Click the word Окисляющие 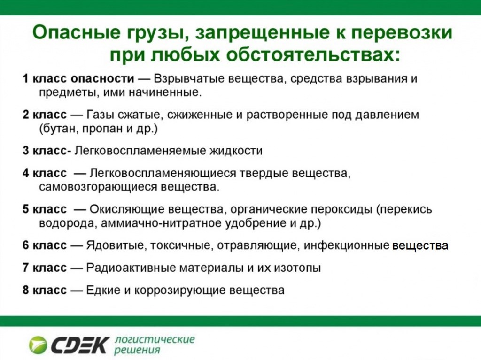tap(117, 209)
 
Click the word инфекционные tap(347, 245)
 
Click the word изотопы tap(298, 268)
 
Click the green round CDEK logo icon tap(38, 345)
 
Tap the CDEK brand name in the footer tap(80, 345)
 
